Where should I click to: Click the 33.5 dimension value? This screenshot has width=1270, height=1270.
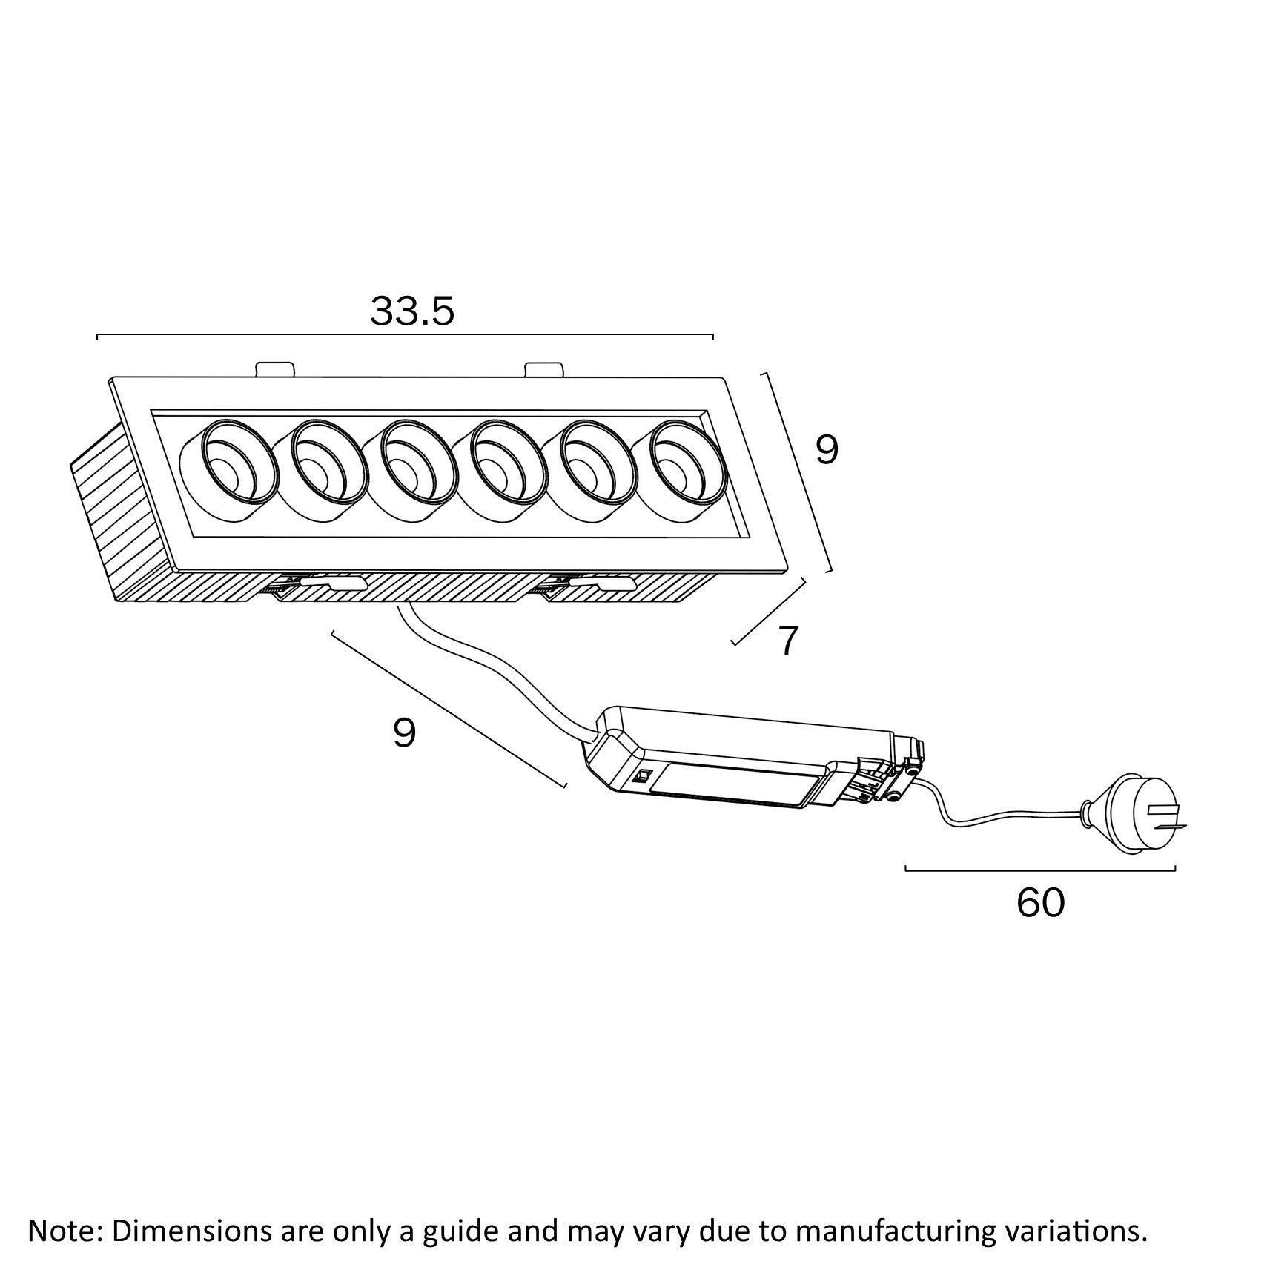pos(411,311)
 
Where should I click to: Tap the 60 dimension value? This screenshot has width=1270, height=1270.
pos(1040,902)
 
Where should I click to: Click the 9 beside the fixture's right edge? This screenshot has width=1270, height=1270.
pos(827,449)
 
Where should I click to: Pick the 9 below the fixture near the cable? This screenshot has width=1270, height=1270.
pos(404,733)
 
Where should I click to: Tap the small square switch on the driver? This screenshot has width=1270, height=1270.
pos(643,777)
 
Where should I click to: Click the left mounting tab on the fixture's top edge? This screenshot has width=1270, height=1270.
pos(275,368)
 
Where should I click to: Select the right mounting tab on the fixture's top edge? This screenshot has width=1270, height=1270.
pos(543,368)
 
